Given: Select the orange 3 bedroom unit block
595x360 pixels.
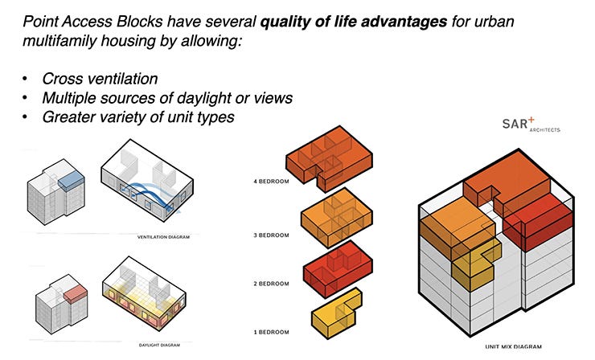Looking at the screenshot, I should click(338, 217).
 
